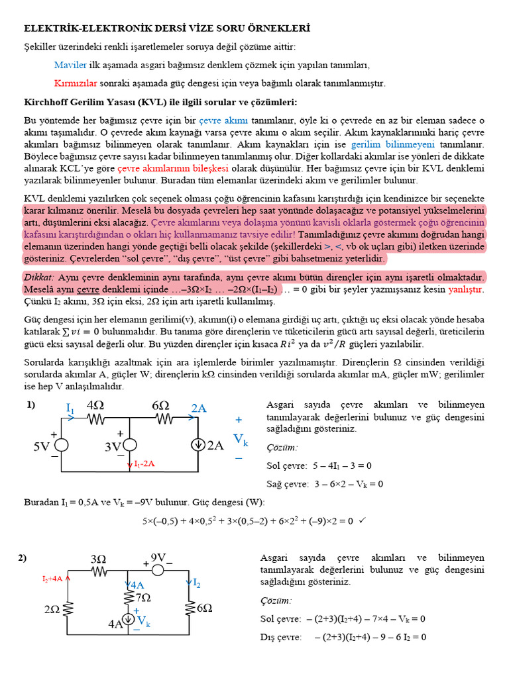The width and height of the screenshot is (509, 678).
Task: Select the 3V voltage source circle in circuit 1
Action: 129,446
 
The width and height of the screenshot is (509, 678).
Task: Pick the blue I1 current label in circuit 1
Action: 70,409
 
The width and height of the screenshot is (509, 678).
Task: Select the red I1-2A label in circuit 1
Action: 144,464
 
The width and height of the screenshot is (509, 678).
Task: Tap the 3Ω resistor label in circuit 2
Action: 98,559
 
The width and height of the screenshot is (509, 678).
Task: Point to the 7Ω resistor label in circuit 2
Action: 142,597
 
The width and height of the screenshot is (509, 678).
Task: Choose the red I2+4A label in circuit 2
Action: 52,578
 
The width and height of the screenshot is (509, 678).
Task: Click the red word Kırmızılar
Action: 76,83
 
